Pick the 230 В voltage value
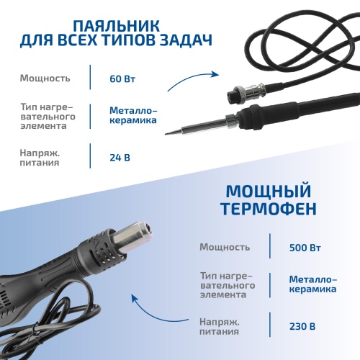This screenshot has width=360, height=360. click(302, 325)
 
